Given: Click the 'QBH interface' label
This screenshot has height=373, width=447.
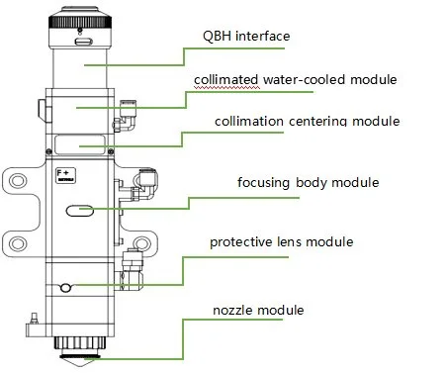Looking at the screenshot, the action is (x=246, y=36).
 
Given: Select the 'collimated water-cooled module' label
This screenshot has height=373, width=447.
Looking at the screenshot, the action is (x=296, y=79).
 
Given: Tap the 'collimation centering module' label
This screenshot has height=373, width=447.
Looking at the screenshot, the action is (x=308, y=121).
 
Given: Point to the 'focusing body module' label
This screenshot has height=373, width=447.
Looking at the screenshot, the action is (x=309, y=182).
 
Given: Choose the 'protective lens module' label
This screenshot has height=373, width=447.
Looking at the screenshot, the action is (x=282, y=242).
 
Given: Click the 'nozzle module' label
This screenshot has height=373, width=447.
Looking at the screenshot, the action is (x=258, y=311).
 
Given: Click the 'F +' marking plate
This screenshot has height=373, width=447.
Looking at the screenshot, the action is (x=66, y=175).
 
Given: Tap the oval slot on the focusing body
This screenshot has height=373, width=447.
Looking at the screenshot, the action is (x=80, y=211).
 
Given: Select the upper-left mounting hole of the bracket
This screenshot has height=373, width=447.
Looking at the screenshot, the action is (x=18, y=181).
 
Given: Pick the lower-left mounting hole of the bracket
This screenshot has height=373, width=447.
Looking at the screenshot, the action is (x=18, y=243).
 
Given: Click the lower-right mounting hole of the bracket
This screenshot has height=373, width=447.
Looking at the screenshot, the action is (x=141, y=243).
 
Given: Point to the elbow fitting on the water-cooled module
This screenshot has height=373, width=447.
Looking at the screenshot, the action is (x=126, y=116).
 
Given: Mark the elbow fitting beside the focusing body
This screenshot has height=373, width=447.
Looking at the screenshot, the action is (x=144, y=184).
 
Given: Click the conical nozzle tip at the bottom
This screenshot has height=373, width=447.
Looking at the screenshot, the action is (x=78, y=361).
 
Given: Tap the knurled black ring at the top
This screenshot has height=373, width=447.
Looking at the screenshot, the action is (x=80, y=22).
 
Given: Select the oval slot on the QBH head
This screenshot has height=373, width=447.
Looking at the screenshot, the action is (x=84, y=42).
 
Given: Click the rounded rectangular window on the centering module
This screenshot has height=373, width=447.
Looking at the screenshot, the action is (x=80, y=144).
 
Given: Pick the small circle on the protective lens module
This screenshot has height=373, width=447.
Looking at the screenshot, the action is (x=66, y=288).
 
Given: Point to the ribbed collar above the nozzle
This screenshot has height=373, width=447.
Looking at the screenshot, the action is (x=80, y=343).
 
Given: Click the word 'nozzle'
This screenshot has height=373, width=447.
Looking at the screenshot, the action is (x=233, y=311).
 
